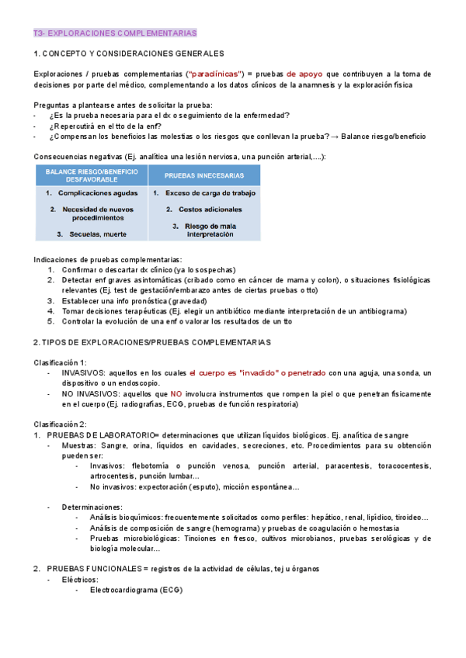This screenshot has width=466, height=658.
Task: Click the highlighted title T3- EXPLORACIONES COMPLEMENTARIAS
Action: coord(116,33)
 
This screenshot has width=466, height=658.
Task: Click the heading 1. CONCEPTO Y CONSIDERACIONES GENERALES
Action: coord(129,54)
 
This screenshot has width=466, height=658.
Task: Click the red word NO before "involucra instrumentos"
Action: coord(176,393)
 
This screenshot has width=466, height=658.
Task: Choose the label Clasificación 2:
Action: coord(61,424)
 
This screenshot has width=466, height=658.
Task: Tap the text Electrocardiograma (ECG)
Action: coord(136,590)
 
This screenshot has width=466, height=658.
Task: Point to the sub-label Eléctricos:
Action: coord(81,580)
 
